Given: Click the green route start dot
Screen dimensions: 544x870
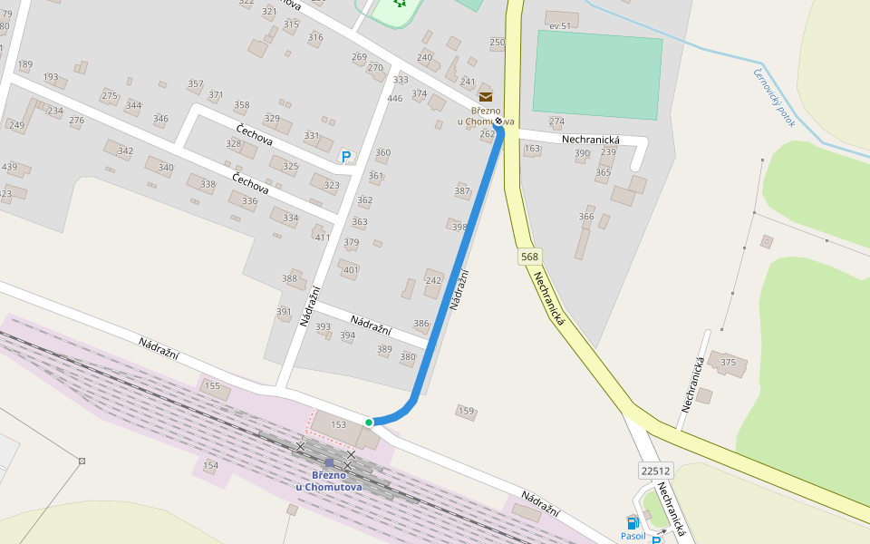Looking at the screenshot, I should pos(369,423).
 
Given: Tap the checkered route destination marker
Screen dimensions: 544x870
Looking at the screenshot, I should pos(498,121).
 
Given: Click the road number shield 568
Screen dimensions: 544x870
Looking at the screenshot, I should pos(530,257).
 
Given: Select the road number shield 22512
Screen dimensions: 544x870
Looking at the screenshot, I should pos(655,471).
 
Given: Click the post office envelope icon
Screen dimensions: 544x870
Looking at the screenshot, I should pos(487,96).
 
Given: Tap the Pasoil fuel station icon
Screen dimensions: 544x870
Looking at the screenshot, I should pos(633,522).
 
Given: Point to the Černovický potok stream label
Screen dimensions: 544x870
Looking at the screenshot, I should pos(773,98).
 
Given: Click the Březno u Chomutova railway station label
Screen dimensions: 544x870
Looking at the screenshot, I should pos(329,481).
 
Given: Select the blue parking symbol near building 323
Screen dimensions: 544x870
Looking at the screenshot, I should pos(345,157).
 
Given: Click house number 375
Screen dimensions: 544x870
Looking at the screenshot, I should pos(728,363).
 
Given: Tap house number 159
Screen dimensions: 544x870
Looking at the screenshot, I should pos(466,412).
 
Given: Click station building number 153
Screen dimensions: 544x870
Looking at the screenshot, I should pos(339,424).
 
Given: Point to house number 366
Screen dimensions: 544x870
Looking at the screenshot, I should pos(586,217).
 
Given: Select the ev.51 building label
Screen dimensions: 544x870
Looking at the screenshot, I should pos(560,26).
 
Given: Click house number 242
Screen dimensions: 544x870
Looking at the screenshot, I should pos(433,281).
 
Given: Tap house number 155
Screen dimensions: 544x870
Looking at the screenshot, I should pos(212,386).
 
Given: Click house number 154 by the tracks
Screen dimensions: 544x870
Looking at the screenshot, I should pos(210,466).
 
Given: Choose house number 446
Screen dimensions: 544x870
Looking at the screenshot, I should pos(394,99).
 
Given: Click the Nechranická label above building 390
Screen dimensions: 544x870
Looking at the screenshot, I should pos(590,140).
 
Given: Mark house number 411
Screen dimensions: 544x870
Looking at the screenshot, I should pos(322,238).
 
